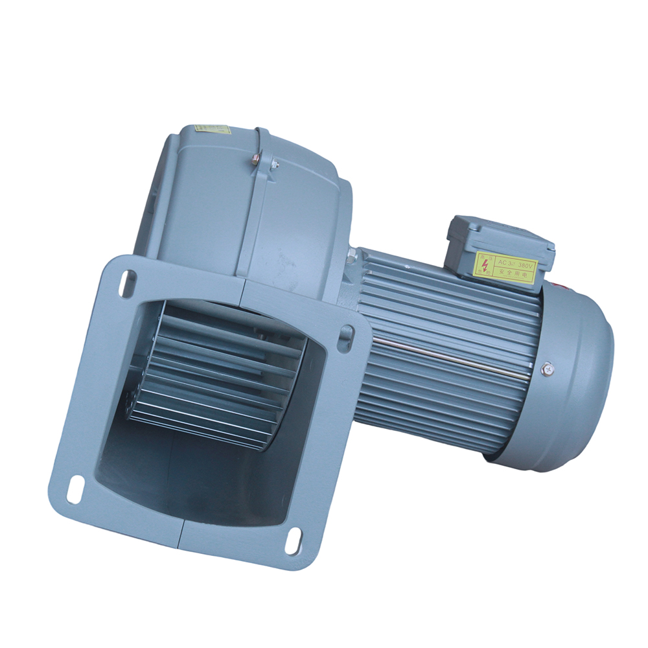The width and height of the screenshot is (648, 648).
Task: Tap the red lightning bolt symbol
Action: point(485,264)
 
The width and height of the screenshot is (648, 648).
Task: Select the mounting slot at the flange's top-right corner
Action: point(345,337)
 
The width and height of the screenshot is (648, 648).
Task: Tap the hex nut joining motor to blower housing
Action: point(352,257)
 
